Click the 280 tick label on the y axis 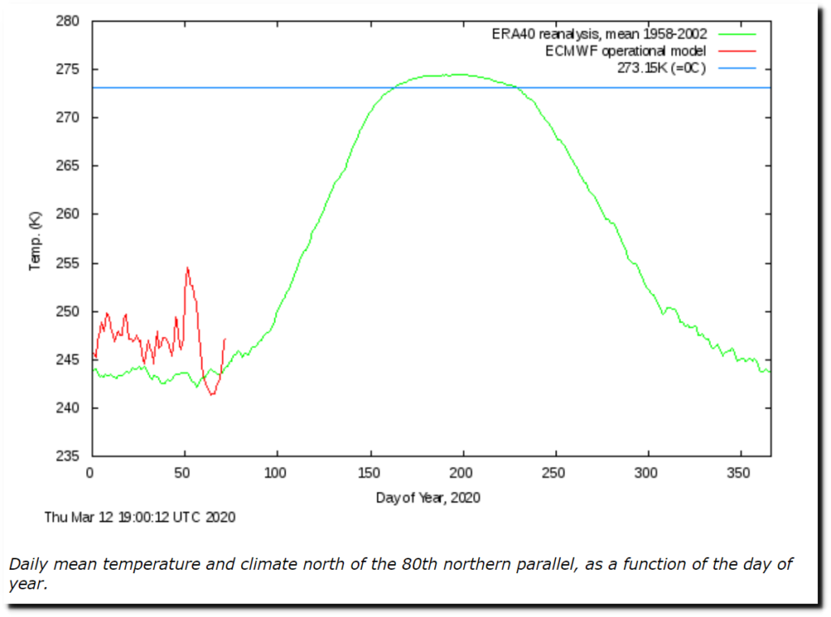[68, 21]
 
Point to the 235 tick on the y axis [68, 456]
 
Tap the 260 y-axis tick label [68, 214]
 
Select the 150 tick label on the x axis [370, 472]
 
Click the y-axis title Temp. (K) [34, 240]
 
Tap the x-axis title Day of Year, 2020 [428, 497]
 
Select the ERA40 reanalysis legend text [599, 34]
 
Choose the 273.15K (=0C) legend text [661, 67]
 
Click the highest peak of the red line [187, 267]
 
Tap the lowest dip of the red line [212, 395]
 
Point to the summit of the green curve [459, 75]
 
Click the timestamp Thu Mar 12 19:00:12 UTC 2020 [140, 516]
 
